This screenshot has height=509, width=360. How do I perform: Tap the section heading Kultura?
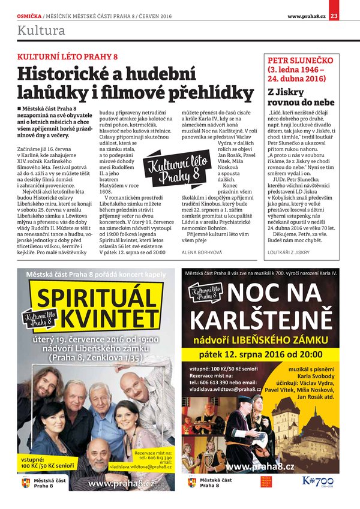click(x=41, y=30)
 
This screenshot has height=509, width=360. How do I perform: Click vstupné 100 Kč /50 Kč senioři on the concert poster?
click(x=47, y=462)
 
